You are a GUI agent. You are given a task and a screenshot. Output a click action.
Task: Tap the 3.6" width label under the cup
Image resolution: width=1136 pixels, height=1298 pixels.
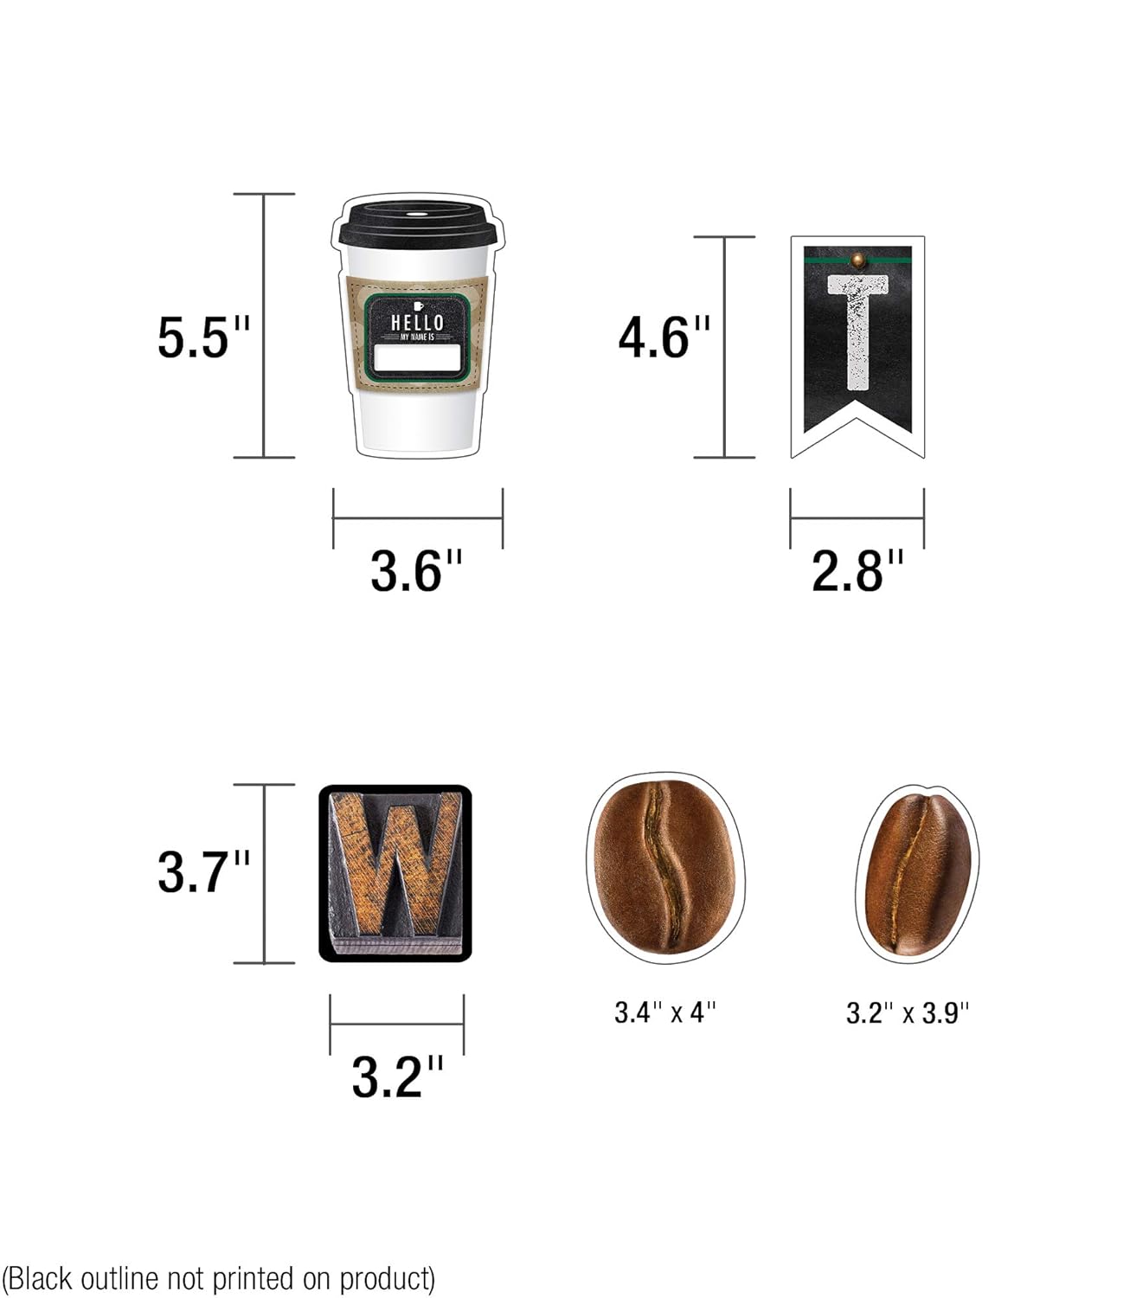(x=417, y=571)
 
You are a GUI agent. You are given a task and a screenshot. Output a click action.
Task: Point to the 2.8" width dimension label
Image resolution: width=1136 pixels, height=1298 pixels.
(x=857, y=571)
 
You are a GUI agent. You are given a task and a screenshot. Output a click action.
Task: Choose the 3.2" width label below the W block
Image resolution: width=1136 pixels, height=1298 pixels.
(x=398, y=1076)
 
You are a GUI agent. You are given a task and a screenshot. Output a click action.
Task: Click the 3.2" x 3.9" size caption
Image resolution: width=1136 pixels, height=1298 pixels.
(x=908, y=1012)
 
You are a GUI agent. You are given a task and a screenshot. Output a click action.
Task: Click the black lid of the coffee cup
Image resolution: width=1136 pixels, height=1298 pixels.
(x=416, y=225)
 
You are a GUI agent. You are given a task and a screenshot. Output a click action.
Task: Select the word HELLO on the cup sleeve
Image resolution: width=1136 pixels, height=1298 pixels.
(x=417, y=322)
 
